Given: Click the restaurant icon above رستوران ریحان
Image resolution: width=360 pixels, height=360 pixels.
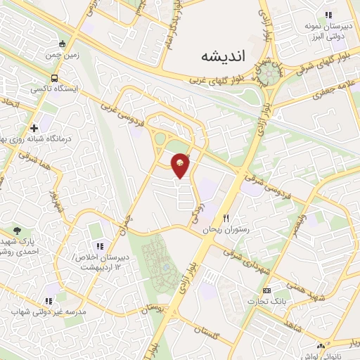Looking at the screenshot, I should (x=226, y=218).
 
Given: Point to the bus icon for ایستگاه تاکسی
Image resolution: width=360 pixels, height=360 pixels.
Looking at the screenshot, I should (x=54, y=79).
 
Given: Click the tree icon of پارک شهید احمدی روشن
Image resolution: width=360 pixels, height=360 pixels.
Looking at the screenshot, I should (x=17, y=230).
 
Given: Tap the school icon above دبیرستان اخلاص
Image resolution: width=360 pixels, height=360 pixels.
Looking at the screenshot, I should (x=99, y=246).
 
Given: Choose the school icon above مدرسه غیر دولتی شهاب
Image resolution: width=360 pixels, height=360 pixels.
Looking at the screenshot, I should (x=49, y=300).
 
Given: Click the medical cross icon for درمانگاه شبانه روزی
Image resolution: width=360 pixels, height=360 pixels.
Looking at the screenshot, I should (x=34, y=128).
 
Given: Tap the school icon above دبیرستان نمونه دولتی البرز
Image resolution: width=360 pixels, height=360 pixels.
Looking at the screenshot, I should (x=327, y=15).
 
